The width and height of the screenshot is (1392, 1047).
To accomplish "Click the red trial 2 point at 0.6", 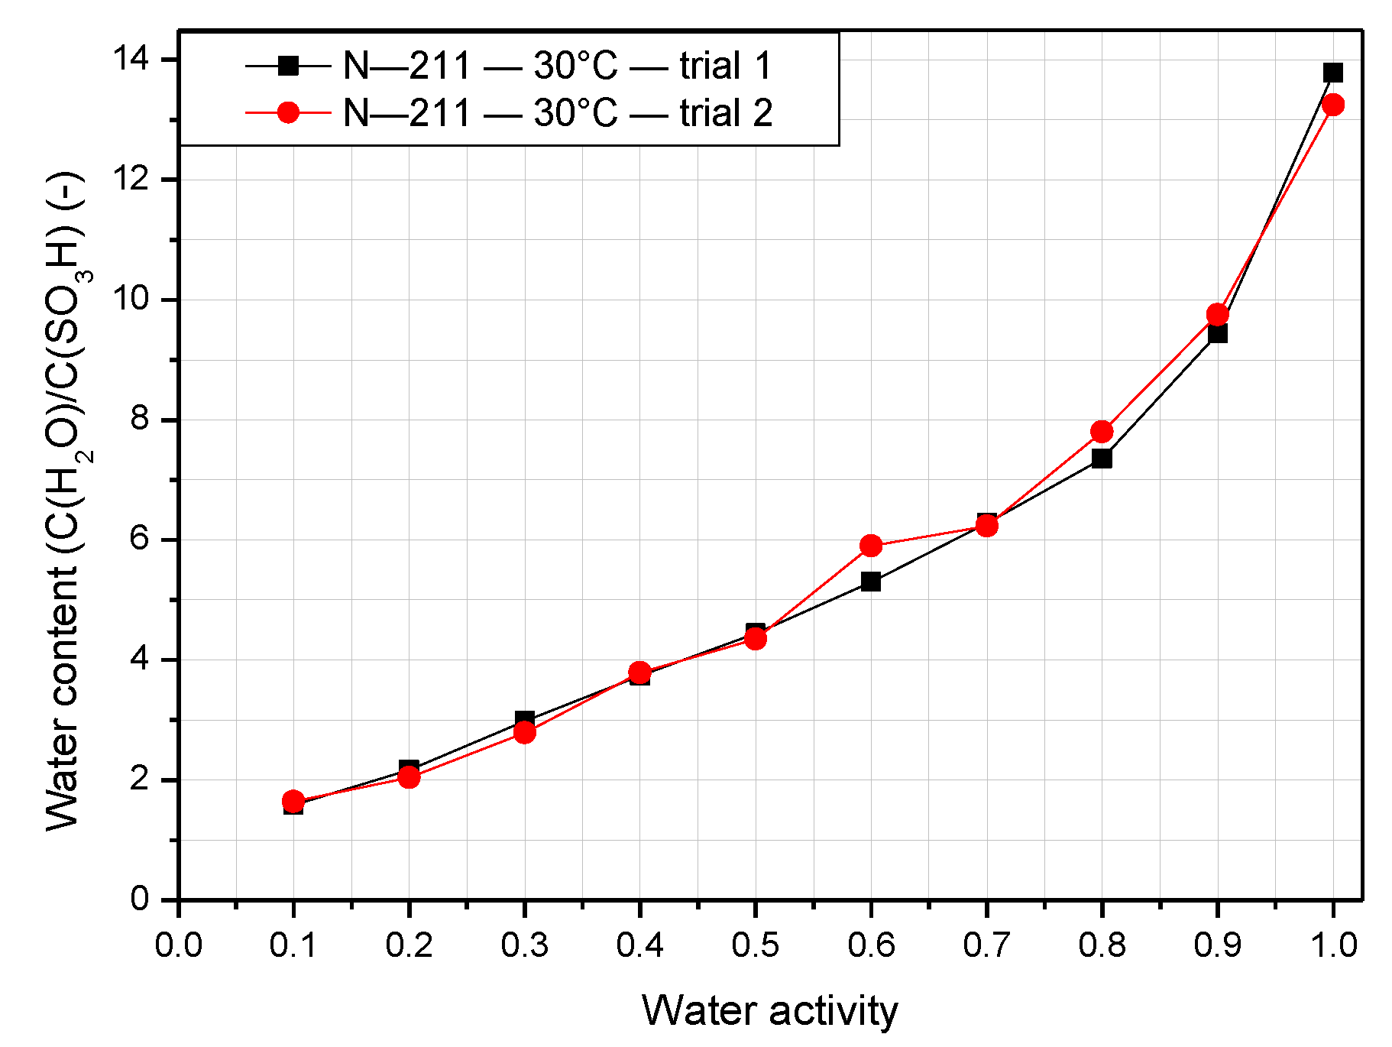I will coord(871,545).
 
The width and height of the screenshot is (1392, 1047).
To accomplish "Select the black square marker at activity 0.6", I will coord(871,582).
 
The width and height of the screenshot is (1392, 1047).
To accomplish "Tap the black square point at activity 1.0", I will coord(1333,73).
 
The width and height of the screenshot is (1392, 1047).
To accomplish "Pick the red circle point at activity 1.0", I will coord(1333,105).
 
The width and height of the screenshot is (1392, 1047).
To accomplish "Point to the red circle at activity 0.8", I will coord(1102,432).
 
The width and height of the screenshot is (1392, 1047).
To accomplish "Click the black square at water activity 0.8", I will coord(1102,459).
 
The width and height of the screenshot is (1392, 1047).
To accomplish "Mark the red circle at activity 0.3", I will coord(524,732).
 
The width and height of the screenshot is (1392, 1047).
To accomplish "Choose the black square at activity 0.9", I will coord(1218,333).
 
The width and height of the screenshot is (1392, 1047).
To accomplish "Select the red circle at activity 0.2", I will coord(409,777).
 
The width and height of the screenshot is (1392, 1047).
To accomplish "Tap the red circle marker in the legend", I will coord(288,113).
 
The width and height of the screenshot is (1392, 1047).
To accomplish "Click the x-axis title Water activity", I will coord(769,1010).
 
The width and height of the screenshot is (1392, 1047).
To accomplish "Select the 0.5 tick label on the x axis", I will coord(755,945).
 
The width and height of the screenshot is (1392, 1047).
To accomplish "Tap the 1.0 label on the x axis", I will coord(1333,945).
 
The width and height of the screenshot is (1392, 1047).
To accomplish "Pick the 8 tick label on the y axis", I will coord(141,420).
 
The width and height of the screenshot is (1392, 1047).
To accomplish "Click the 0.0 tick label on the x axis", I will coord(178,945).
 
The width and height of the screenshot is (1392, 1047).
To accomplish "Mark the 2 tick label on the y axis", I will coord(141,780).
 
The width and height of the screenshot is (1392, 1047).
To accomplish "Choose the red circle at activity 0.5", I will coord(755,638).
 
